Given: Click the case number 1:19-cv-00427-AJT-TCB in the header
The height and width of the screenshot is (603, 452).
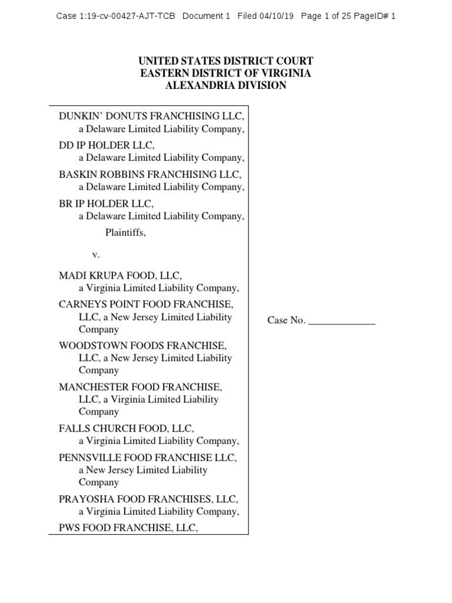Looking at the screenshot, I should [125, 16].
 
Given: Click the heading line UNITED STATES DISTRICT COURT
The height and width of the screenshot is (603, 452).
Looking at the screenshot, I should [225, 61].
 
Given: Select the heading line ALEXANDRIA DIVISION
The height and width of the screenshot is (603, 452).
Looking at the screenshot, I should [225, 85].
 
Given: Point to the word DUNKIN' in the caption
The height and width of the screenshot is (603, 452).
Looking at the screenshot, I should [79, 116].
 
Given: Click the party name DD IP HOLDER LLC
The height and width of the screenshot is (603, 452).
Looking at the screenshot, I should [106, 145].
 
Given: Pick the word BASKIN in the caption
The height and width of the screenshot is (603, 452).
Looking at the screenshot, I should [76, 174].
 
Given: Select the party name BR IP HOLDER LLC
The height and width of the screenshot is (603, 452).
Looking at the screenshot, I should [106, 204].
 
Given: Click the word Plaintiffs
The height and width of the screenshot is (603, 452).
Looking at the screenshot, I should [125, 232].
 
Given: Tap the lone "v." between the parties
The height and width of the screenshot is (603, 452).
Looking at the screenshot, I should [96, 255].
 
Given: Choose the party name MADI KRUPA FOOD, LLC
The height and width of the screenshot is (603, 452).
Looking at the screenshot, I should [121, 276].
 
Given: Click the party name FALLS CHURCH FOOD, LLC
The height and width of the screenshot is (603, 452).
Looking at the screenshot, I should [127, 428].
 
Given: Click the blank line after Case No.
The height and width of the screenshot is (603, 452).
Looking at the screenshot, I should [341, 321].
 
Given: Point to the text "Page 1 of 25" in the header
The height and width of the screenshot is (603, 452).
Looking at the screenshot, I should [326, 16].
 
